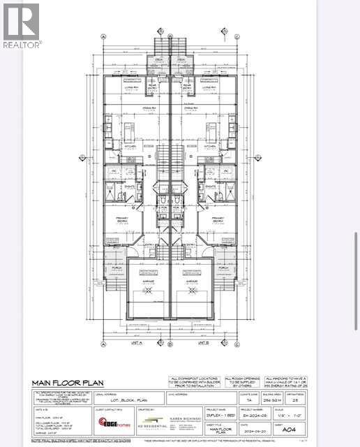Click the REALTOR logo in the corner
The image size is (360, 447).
(22, 24)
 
